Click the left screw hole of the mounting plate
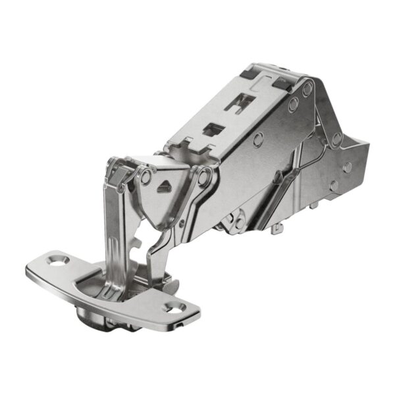click(x=61, y=260)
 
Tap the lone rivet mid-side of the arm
click(x=259, y=139)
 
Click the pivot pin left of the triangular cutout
click(x=144, y=176)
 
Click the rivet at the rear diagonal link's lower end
click(x=336, y=140)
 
